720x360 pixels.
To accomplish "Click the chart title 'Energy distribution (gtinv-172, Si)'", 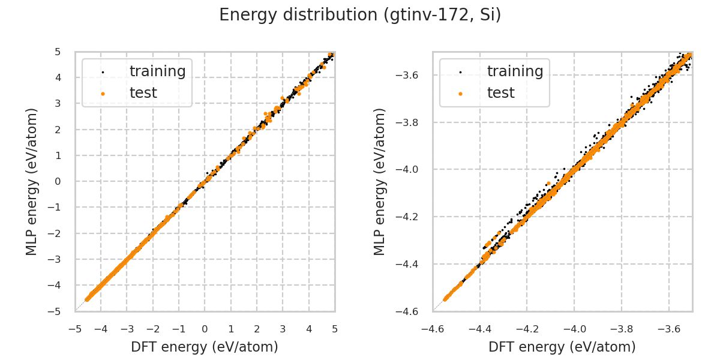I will (x=360, y=15).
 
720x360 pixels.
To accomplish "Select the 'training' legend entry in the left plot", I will (x=157, y=71).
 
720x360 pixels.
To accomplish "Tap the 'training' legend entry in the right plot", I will (x=515, y=71).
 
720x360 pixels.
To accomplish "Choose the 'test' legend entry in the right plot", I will (x=500, y=93).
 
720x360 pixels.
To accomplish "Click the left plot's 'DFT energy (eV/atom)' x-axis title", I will (x=205, y=347).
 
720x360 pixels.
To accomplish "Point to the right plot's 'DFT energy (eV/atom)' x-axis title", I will (x=562, y=347).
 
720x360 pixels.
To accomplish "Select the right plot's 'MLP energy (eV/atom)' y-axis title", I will (x=380, y=181).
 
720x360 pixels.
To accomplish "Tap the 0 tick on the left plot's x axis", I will (x=205, y=329).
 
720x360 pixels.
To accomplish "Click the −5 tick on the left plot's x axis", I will (x=75, y=329).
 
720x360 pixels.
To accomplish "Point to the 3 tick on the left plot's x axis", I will (x=283, y=329).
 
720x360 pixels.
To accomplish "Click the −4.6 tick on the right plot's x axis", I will (x=433, y=329).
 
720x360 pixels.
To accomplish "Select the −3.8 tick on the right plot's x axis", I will (x=622, y=329).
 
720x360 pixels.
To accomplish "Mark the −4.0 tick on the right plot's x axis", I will (x=574, y=329).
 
